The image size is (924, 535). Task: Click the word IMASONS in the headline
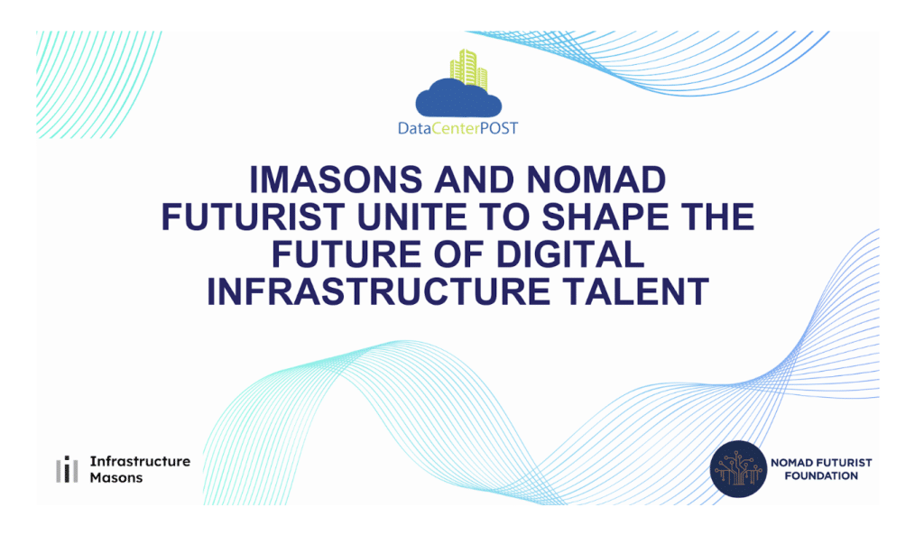click(x=336, y=180)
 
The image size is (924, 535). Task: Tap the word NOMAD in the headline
click(x=596, y=180)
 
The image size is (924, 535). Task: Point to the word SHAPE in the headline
click(x=605, y=217)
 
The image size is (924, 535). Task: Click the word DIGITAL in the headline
click(x=570, y=254)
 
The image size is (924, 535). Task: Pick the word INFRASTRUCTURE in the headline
click(x=378, y=291)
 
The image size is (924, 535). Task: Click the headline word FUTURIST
click(x=254, y=217)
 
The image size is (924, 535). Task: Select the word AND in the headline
click(x=475, y=180)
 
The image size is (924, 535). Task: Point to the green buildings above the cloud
click(x=469, y=69)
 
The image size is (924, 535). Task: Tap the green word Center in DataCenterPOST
click(x=456, y=128)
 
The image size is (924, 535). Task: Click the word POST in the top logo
click(x=498, y=128)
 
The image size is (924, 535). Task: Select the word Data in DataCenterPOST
click(x=415, y=128)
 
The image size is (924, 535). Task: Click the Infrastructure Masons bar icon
click(x=67, y=469)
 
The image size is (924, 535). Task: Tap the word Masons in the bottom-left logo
click(x=116, y=477)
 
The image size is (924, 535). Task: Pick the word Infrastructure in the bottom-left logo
click(x=140, y=461)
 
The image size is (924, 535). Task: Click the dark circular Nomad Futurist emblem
click(x=738, y=469)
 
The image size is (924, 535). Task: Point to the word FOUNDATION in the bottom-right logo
click(x=821, y=476)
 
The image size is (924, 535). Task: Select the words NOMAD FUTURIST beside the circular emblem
click(x=821, y=463)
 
